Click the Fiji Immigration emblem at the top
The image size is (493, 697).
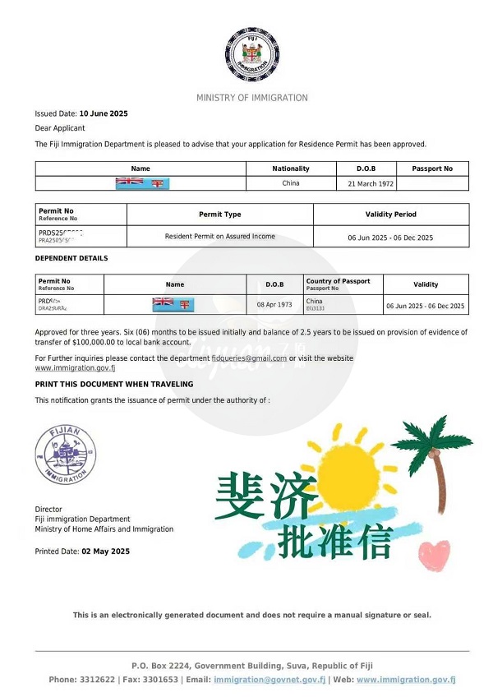click(x=251, y=55)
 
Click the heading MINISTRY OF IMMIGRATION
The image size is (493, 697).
click(x=251, y=98)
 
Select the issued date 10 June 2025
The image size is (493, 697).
click(x=104, y=113)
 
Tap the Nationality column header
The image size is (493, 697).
click(x=291, y=168)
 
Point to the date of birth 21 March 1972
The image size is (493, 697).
click(x=366, y=183)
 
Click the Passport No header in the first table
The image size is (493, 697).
click(x=432, y=168)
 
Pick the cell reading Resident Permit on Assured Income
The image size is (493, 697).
click(x=219, y=237)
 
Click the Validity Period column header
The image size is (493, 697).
click(x=390, y=215)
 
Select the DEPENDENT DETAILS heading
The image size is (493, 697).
click(x=71, y=258)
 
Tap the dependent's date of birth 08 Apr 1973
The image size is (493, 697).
click(x=274, y=304)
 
